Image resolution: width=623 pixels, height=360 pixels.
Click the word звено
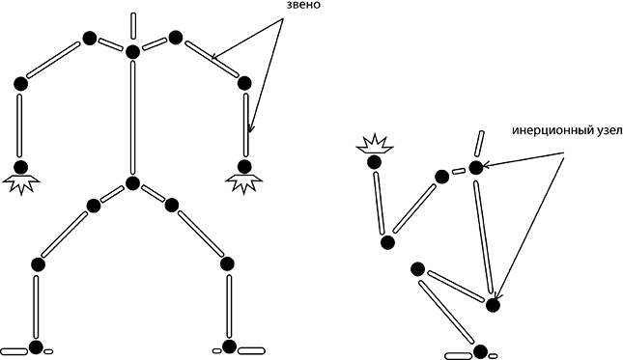pos(303,6)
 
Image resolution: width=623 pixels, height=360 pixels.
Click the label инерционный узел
pos(567,130)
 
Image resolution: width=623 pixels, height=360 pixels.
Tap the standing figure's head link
pos(133,26)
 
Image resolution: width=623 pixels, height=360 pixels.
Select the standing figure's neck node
pos(132,52)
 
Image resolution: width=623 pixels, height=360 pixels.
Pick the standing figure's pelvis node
pos(132,183)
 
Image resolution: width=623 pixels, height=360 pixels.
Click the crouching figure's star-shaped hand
pos(375,144)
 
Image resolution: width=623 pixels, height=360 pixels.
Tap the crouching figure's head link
pos(479,144)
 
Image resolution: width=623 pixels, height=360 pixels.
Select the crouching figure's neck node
pos(476,168)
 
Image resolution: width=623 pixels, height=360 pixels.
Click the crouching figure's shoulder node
pos(441,177)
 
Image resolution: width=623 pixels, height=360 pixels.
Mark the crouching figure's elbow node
pos(387,242)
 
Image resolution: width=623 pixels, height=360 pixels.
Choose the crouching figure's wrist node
pos(374,162)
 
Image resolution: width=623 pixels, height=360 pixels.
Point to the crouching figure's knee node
pos(417,269)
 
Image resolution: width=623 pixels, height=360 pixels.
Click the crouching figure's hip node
pos(493,305)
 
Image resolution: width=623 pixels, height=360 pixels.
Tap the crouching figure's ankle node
pos(480,351)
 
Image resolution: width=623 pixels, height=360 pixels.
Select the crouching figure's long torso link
pos(484,237)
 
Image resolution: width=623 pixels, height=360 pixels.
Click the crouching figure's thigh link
pos(455,287)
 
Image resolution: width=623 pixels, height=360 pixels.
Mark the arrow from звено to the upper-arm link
pos(247,40)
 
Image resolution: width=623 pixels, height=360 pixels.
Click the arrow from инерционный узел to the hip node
pos(530,228)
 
